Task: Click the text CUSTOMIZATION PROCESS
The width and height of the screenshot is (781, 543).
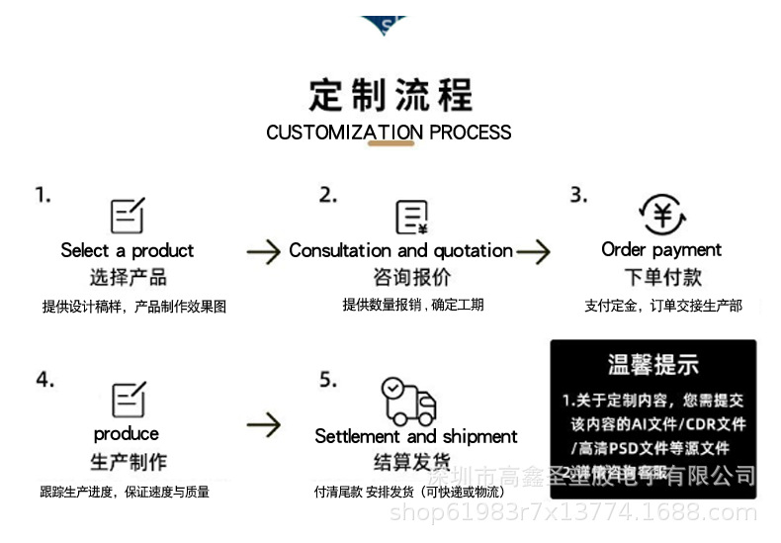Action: click(x=389, y=133)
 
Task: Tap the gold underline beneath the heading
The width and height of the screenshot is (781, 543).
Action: click(x=390, y=145)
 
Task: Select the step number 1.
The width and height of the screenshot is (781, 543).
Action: click(x=43, y=195)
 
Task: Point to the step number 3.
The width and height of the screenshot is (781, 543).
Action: click(x=578, y=195)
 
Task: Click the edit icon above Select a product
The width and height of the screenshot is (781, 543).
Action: click(x=128, y=216)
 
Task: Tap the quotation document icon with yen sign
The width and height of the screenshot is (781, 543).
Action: click(x=411, y=217)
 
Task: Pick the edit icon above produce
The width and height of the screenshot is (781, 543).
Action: click(x=129, y=399)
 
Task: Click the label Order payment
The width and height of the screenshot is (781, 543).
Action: click(x=661, y=249)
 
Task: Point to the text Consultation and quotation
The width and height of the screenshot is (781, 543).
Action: click(x=400, y=250)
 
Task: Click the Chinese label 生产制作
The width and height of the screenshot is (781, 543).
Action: click(x=129, y=462)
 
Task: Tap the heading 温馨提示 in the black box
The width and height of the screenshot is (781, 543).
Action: click(x=652, y=364)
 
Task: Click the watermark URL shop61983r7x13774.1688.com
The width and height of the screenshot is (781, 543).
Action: click(x=573, y=512)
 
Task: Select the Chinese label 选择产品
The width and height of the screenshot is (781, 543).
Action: click(x=128, y=277)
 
